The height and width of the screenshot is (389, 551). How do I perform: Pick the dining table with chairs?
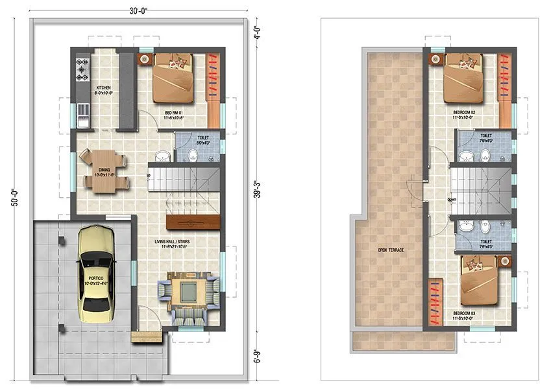104,171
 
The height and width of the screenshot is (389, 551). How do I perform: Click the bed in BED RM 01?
173,78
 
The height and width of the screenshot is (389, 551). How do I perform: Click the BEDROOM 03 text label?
465,314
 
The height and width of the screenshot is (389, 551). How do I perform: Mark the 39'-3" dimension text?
257,191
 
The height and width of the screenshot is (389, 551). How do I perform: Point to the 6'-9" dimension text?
257,355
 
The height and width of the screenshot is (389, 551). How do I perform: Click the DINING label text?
104,171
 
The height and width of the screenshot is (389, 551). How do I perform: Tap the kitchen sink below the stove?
82,117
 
